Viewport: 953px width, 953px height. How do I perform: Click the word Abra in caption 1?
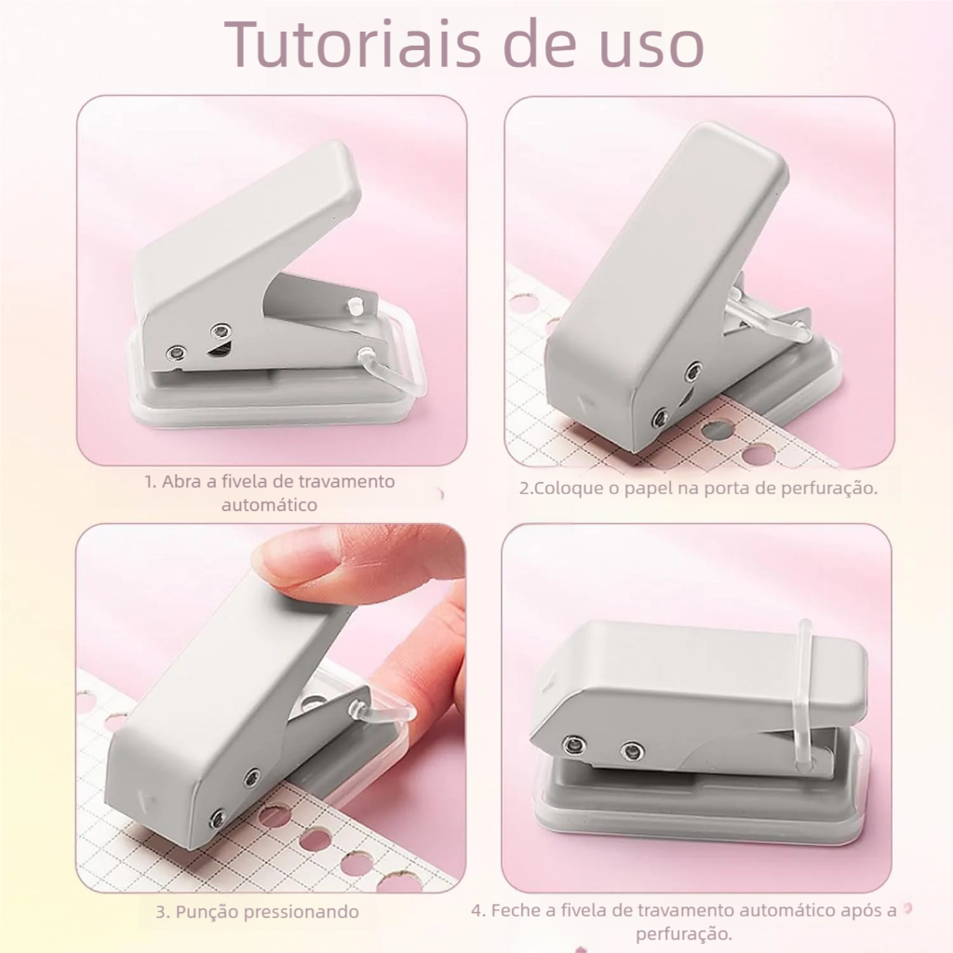click(x=181, y=482)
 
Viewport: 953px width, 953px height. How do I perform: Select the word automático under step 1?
click(x=270, y=505)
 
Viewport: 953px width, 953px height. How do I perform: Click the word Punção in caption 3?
click(x=206, y=911)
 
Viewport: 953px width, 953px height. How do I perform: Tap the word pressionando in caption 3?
click(x=301, y=911)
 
